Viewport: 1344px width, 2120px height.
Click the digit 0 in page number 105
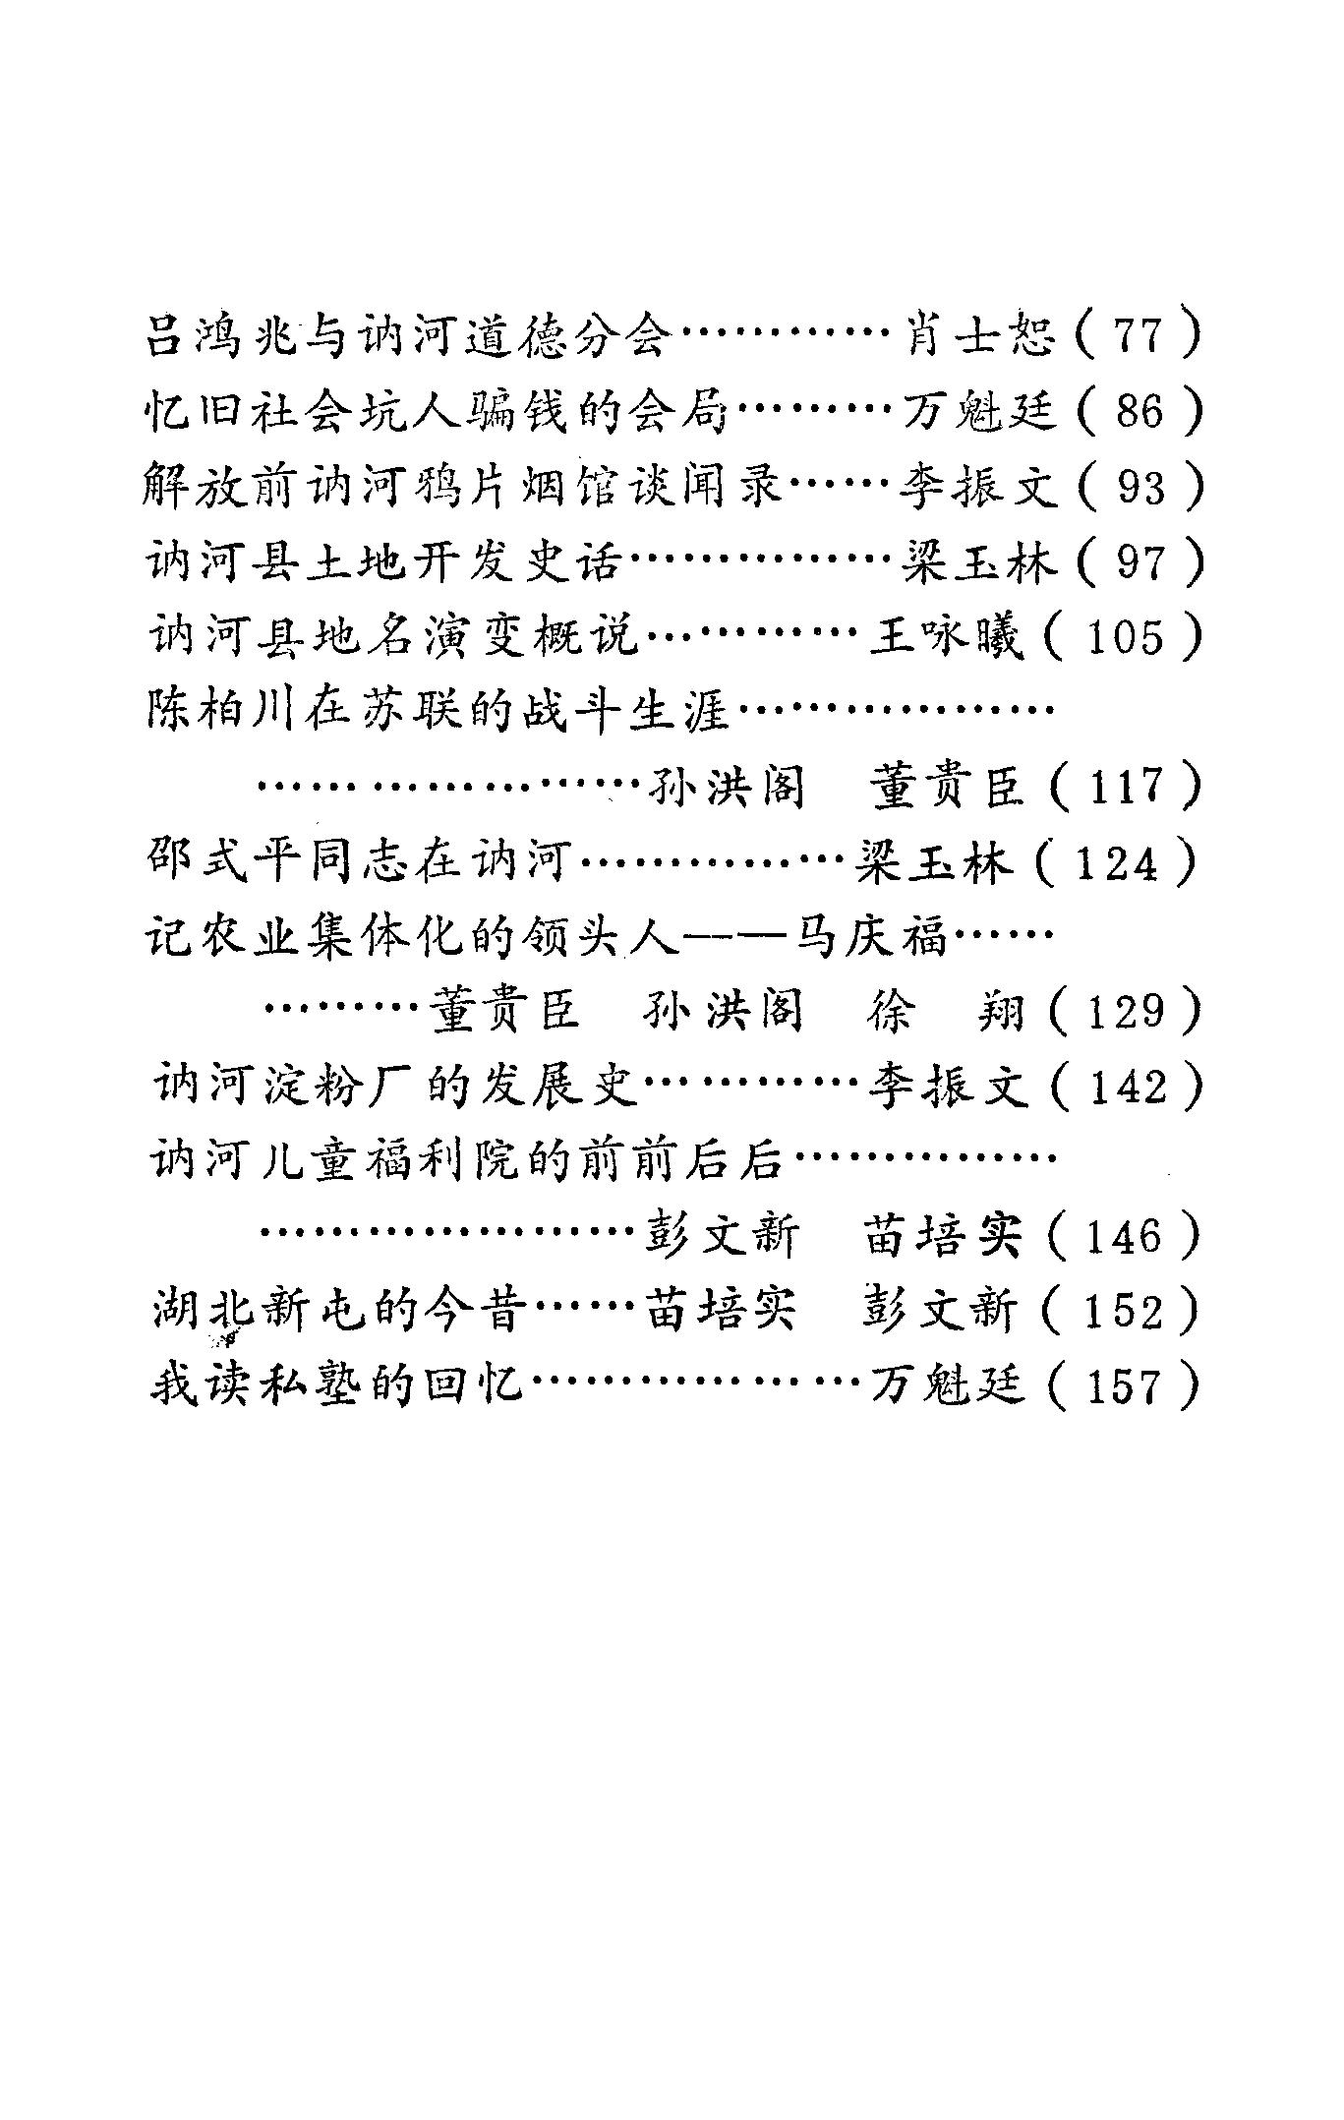coord(1124,639)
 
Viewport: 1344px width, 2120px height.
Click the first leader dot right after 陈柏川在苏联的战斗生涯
coord(742,710)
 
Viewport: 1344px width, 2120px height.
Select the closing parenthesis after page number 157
coord(1192,1386)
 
